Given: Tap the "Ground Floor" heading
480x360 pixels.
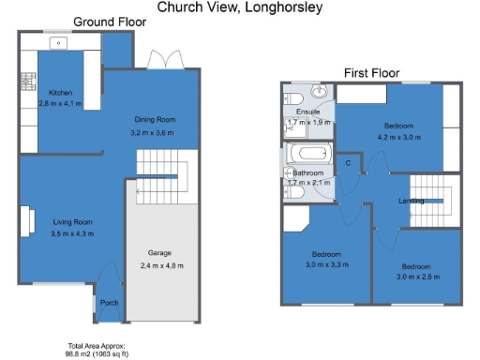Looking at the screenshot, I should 102,22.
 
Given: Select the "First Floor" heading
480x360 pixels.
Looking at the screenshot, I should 371,73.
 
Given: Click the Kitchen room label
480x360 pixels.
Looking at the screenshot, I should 61,92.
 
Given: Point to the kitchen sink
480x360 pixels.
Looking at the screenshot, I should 57,42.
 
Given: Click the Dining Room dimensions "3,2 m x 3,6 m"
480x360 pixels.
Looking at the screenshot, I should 153,134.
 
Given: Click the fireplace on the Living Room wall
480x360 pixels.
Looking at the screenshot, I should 22,220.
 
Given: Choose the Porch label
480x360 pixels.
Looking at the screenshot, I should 109,303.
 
